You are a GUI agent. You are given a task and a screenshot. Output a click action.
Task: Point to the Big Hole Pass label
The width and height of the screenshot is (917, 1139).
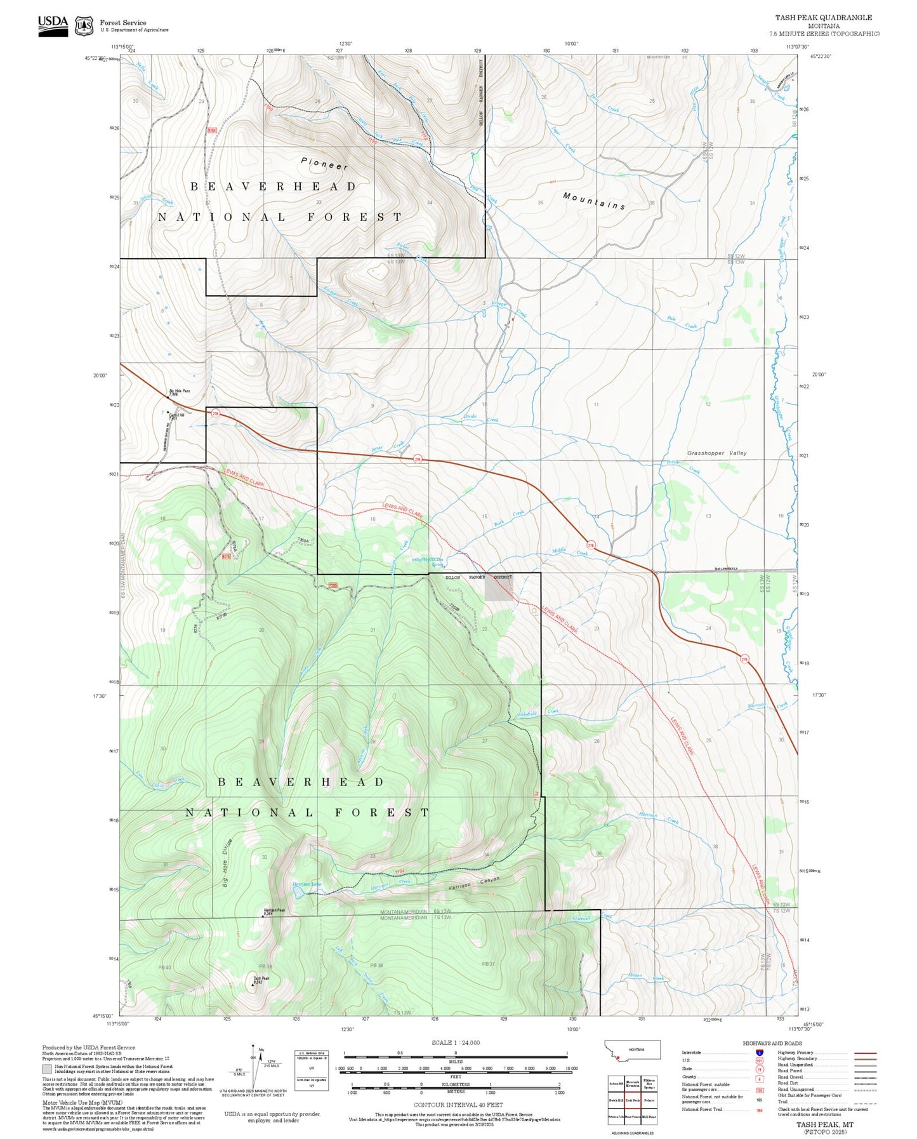click(x=179, y=392)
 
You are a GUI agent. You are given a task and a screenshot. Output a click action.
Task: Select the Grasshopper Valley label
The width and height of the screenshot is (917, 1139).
click(x=716, y=453)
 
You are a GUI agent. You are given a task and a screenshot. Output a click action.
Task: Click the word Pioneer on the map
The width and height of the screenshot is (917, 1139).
click(x=324, y=164)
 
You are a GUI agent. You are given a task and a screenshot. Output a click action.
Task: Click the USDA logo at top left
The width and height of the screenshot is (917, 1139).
click(x=53, y=25)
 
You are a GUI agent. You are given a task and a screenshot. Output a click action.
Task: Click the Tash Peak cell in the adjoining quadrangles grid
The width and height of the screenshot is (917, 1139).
click(x=632, y=1100)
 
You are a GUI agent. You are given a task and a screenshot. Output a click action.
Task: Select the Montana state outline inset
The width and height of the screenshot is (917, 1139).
click(x=634, y=1049)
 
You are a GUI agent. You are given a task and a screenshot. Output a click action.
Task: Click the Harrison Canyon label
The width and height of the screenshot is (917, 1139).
click(x=473, y=883)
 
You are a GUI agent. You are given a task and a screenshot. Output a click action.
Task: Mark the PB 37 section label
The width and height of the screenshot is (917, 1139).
click(x=488, y=964)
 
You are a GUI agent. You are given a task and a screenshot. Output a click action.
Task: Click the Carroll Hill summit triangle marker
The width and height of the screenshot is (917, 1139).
click(x=168, y=411)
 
